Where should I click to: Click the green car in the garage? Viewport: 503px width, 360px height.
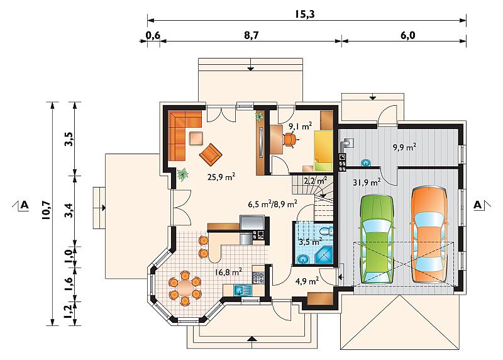[377, 239]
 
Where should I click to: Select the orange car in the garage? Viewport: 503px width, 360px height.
[429, 235]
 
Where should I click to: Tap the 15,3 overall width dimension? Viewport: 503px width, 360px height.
[305, 14]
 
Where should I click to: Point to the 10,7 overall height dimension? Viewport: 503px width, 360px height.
[45, 210]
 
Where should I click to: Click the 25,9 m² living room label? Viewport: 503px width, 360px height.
[222, 177]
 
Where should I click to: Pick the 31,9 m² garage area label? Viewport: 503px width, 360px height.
[367, 183]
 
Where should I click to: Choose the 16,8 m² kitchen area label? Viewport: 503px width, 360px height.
[228, 273]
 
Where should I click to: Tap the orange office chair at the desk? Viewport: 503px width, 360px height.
[290, 140]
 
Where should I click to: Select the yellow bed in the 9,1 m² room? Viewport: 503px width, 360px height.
[323, 150]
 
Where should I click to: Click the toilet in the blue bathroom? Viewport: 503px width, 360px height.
[326, 232]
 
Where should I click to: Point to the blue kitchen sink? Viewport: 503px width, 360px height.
[243, 290]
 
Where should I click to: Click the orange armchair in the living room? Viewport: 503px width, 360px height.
[211, 154]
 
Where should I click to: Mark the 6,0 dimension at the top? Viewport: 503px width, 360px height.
[407, 35]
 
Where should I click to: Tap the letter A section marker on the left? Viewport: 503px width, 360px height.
[25, 205]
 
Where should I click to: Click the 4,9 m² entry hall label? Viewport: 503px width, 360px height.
[307, 281]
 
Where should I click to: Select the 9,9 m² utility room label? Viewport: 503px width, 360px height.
[404, 147]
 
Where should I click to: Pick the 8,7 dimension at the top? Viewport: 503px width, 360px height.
[251, 35]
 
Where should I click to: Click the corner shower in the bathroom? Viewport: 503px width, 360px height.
[324, 256]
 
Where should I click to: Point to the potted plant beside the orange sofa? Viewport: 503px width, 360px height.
[183, 175]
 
